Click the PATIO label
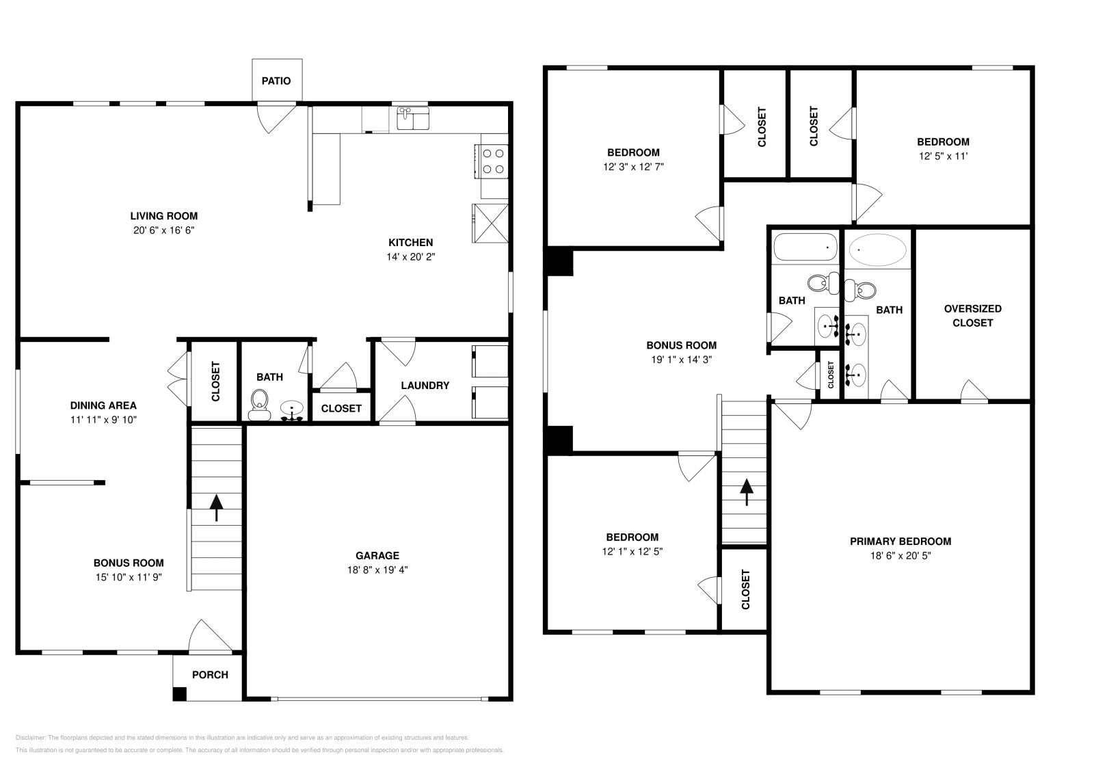click(276, 81)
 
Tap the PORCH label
click(210, 675)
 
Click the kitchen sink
click(413, 119)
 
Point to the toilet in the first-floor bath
click(259, 405)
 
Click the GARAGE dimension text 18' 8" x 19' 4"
click(377, 570)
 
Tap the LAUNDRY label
click(425, 386)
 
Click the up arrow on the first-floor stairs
click(216, 508)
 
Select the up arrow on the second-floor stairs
click(746, 492)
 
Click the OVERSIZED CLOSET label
click(972, 316)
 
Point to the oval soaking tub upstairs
click(878, 250)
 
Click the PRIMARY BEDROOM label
click(900, 542)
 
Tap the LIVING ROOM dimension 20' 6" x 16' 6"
click(163, 230)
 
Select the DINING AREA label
click(103, 405)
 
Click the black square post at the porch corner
click(180, 694)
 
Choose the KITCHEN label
click(411, 243)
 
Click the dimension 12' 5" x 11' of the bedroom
click(943, 157)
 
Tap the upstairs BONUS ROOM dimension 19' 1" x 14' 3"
click(681, 360)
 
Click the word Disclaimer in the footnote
click(31, 738)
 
